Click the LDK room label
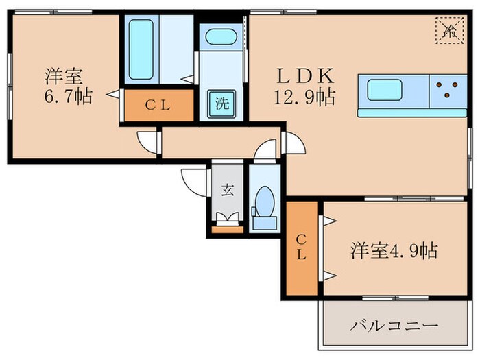(307, 74)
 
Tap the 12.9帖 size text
(307, 97)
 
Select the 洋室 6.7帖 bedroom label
(64, 85)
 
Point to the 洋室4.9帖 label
(394, 250)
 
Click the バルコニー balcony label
(394, 325)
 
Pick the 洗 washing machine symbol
(221, 105)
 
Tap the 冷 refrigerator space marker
(451, 29)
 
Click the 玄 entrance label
(227, 190)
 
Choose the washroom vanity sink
(221, 38)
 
